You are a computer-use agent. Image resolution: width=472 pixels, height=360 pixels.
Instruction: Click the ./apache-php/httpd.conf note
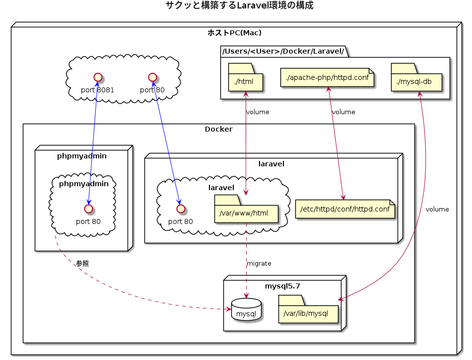pos(328,77)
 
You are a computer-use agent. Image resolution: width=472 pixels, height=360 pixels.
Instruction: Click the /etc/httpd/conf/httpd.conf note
pos(344,209)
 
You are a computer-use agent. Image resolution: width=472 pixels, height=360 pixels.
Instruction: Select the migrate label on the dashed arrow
pos(259,263)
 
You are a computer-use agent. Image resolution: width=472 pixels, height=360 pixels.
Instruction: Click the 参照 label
pos(82,264)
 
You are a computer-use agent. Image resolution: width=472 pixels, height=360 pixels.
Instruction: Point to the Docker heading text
pos(218,129)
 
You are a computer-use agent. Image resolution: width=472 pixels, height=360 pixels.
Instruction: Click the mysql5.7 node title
pos(282,286)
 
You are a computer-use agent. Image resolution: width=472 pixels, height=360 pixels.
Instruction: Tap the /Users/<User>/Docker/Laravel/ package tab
pos(283,51)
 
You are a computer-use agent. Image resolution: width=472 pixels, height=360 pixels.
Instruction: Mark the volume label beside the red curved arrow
pos(437,209)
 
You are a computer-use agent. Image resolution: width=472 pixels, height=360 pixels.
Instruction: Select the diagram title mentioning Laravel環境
pos(239,6)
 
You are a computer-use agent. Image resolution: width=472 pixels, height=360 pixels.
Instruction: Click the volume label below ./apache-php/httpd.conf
pos(343,112)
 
